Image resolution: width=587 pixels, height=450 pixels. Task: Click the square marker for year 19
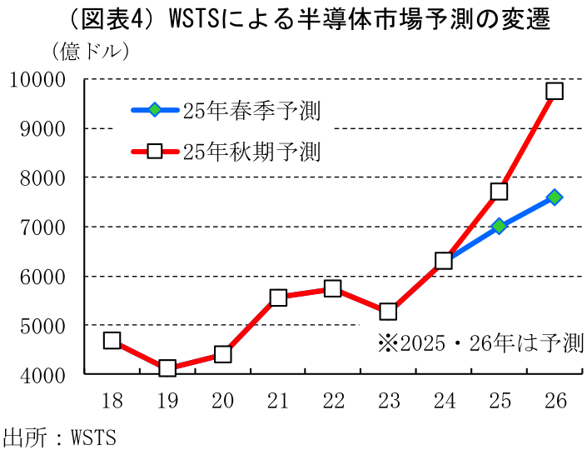click(x=167, y=368)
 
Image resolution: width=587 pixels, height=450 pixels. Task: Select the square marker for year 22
click(x=333, y=288)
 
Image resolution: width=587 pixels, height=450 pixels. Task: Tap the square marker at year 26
click(x=555, y=91)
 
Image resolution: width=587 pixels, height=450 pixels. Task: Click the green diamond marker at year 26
click(x=555, y=197)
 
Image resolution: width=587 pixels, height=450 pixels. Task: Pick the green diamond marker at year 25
click(x=499, y=226)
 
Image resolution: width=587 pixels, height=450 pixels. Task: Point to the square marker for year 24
click(x=444, y=260)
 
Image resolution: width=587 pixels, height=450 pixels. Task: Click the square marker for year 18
click(x=112, y=340)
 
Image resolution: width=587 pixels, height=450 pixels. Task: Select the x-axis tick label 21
click(x=277, y=401)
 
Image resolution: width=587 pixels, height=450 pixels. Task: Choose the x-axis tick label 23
click(x=388, y=401)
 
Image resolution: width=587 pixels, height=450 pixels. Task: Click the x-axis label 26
click(x=555, y=401)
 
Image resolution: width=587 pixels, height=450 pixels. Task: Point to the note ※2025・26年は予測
click(x=480, y=343)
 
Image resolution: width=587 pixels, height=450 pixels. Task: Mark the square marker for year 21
click(x=278, y=297)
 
